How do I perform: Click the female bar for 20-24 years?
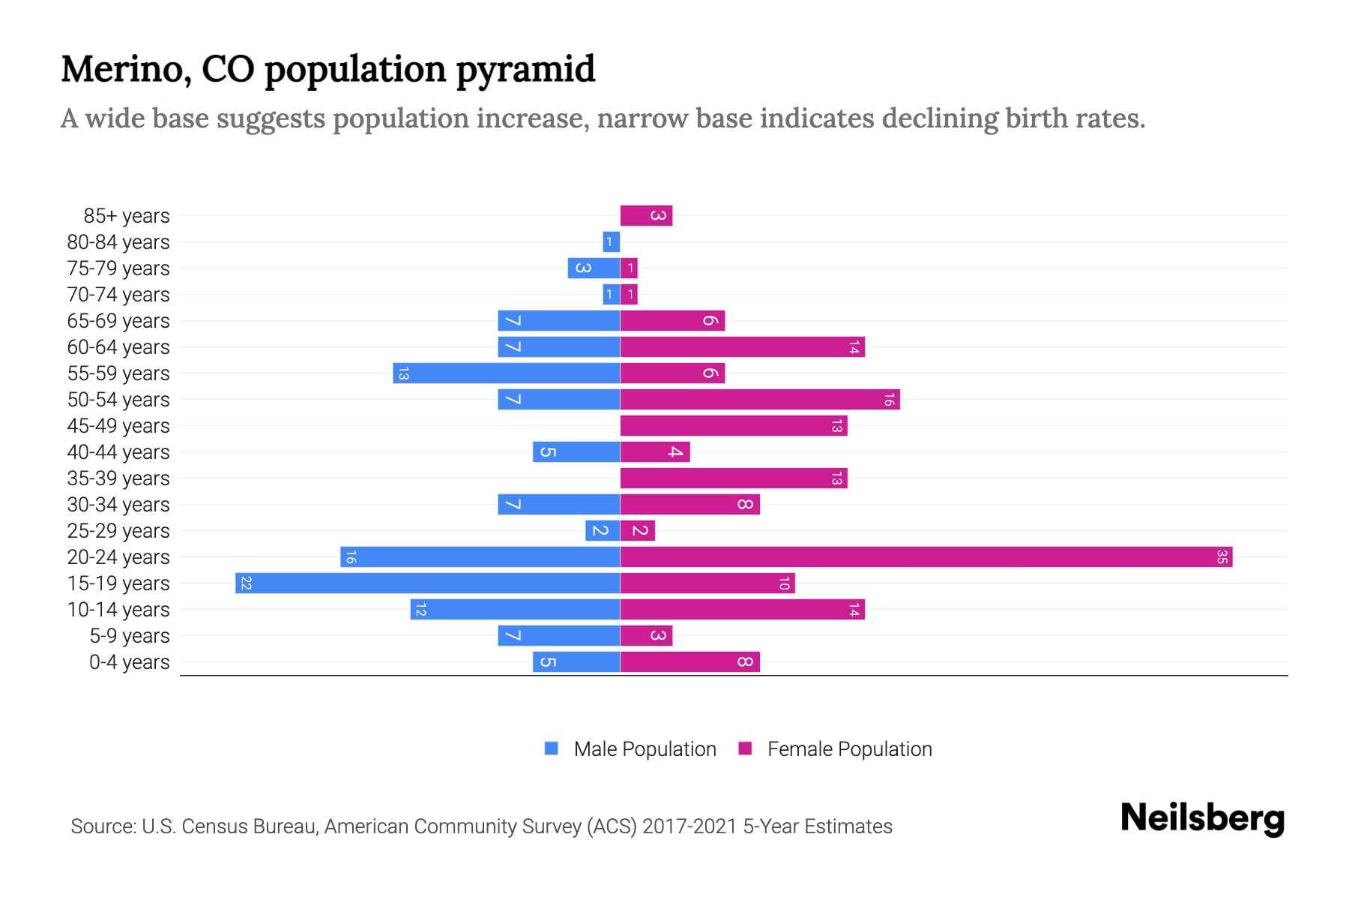point(926,557)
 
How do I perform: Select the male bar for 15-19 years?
point(427,583)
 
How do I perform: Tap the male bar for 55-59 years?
point(506,373)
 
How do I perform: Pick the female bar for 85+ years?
point(646,216)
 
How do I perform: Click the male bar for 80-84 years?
point(611,242)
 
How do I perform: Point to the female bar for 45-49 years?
point(733,426)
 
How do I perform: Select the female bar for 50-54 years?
point(759,400)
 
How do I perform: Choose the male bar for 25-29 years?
point(602,531)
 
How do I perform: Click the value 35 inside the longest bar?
point(1222,557)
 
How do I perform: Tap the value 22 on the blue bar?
point(246,583)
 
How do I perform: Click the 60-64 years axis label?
point(118,347)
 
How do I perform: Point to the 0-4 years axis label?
point(129,662)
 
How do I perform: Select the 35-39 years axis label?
point(118,478)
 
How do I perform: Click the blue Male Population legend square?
point(552,748)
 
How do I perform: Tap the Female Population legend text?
point(849,749)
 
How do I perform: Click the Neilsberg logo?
point(1202,818)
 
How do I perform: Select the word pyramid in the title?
point(525,70)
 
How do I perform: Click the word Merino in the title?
point(119,69)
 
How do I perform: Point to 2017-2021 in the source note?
point(689,826)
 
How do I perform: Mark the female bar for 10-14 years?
point(742,610)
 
